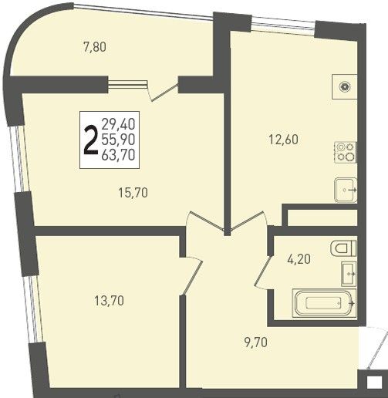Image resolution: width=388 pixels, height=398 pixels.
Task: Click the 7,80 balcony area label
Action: coord(95,48)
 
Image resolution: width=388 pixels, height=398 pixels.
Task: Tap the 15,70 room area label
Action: coord(133,193)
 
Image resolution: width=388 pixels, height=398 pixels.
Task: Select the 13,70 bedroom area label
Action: coord(110,300)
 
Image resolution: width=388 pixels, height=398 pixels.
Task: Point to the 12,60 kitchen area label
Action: coord(284,140)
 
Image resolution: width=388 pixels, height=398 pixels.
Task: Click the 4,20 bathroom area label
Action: coord(299,259)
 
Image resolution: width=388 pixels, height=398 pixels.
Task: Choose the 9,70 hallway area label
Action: coord(256,342)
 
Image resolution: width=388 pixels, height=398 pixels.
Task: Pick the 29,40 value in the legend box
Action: coord(118,124)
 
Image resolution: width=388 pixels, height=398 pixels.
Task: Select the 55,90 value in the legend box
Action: coord(118,140)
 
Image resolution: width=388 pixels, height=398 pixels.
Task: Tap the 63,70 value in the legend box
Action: coord(118,155)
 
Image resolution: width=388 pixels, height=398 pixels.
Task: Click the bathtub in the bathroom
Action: coord(324,304)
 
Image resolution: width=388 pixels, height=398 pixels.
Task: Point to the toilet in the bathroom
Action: coord(343,248)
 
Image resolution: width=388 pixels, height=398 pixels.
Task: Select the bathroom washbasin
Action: coord(349,274)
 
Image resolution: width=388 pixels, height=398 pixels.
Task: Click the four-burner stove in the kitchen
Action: coord(346,152)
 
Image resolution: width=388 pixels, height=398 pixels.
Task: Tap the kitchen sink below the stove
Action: coord(346,190)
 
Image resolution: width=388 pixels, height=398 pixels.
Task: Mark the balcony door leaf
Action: coord(165,93)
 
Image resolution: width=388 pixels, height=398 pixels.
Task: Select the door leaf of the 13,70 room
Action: coord(192,278)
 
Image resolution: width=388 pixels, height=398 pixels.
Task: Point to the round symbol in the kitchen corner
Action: coord(345,86)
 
